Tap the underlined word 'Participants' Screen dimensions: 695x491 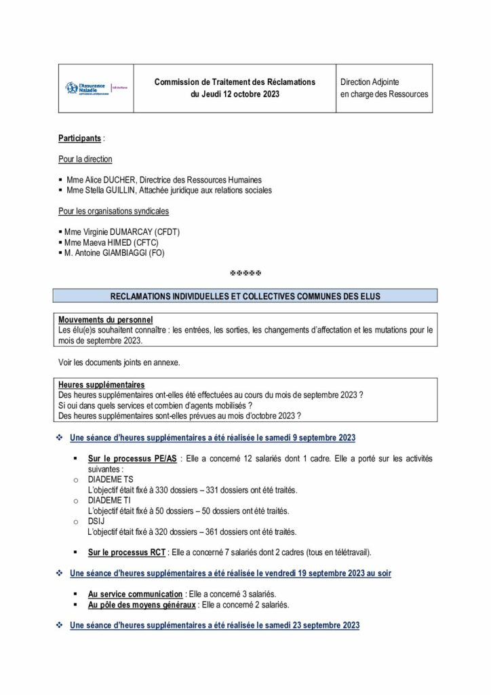point(80,138)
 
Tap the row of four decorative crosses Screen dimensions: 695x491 point(246,274)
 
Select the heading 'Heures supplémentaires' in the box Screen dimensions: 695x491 point(102,385)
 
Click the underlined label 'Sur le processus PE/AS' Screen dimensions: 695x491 point(133,459)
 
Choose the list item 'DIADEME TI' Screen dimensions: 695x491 point(111,500)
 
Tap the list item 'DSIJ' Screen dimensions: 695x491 point(97,521)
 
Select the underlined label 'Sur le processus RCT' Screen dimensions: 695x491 point(129,552)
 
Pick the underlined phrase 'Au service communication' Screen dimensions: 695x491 point(136,594)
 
